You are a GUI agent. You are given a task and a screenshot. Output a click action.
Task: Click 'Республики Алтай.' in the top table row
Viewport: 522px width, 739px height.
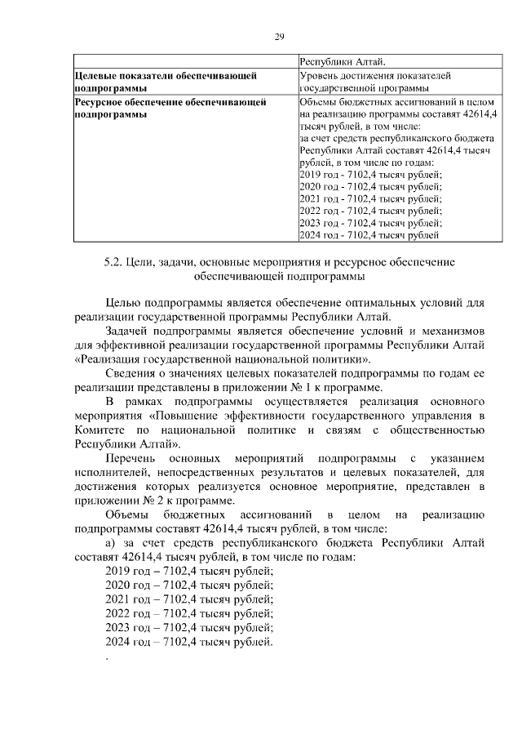point(343,60)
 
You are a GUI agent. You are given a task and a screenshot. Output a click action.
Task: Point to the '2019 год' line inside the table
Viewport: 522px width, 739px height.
point(371,175)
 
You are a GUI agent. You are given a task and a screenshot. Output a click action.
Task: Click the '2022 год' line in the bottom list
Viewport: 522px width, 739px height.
point(189,612)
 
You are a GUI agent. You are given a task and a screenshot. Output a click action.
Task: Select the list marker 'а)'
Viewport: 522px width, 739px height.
point(113,543)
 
